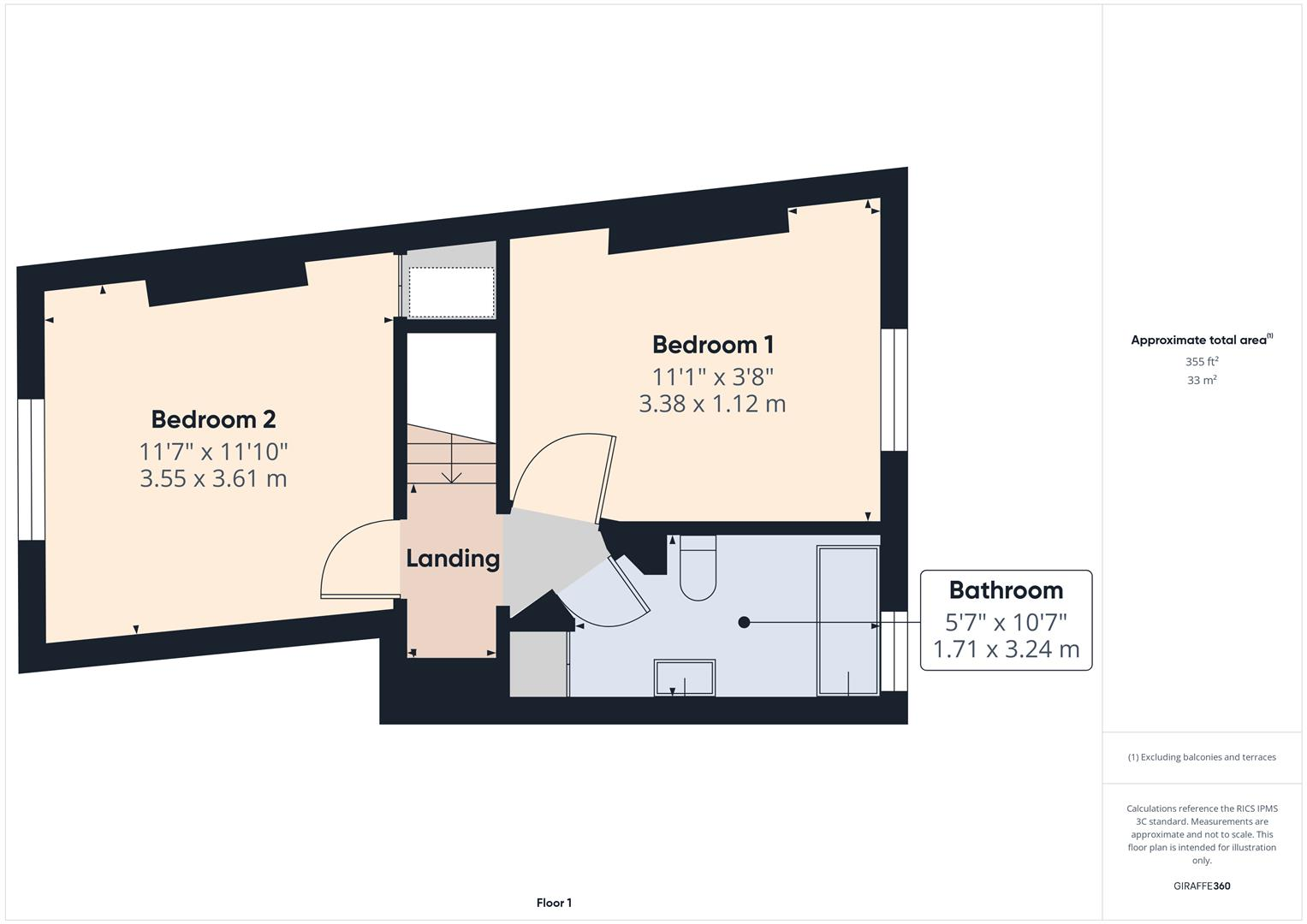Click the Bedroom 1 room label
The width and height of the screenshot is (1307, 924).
[713, 345]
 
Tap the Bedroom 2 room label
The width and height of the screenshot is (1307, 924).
[213, 419]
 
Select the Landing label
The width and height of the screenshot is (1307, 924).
[452, 559]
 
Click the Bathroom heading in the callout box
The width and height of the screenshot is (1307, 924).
[1006, 590]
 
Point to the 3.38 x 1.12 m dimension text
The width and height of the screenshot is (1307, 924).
[712, 404]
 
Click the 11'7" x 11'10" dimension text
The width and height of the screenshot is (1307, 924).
[213, 451]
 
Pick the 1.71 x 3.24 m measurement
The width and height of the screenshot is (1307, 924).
[1006, 649]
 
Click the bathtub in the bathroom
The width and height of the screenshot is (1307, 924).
[847, 619]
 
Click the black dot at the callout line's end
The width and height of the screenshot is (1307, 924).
[744, 623]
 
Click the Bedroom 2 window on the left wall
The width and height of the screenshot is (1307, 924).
[31, 469]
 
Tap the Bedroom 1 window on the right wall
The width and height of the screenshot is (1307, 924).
[894, 389]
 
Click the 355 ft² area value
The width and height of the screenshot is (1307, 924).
[1202, 362]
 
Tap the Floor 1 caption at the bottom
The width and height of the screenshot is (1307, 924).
[554, 903]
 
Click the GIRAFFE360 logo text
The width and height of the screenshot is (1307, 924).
[1201, 885]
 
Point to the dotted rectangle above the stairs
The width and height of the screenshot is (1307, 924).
[451, 292]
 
